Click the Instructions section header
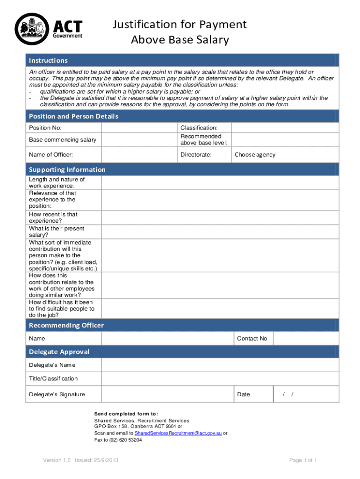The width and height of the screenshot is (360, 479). [x=48, y=60]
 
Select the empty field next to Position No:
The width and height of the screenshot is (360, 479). [x=139, y=128]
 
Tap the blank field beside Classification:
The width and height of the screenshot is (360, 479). [x=285, y=128]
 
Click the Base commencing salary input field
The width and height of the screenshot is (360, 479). [x=139, y=140]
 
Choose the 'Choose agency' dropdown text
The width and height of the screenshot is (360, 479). [x=255, y=155]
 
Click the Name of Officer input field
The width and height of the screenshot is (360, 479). [x=139, y=155]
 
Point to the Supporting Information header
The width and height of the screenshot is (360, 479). [x=67, y=169]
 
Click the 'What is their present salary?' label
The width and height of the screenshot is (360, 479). [x=57, y=232]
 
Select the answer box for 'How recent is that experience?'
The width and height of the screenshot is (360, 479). [x=220, y=218]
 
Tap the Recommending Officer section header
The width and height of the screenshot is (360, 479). [x=66, y=325]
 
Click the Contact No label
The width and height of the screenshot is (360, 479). [x=252, y=339]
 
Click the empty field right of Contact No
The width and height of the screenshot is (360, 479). [x=306, y=339]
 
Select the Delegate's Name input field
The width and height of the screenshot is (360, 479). [x=220, y=365]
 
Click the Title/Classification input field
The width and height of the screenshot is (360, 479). [x=220, y=378]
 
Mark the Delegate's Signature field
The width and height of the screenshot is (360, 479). [x=167, y=394]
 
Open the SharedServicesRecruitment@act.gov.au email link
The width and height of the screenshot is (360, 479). [x=178, y=434]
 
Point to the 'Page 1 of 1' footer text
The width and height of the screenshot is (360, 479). [x=303, y=461]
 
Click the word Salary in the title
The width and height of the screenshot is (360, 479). [x=210, y=40]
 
